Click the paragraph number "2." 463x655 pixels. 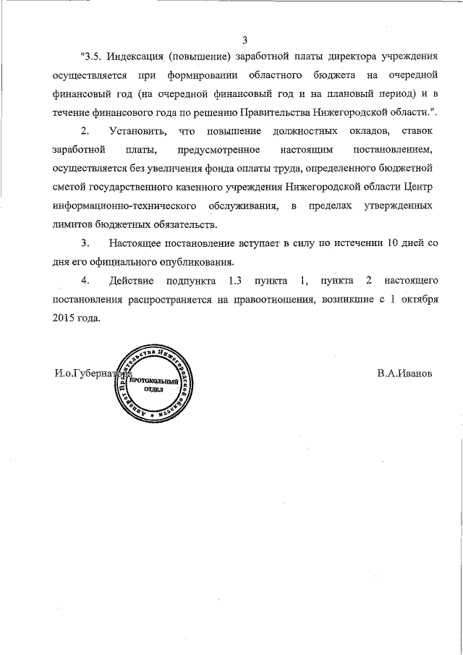click(85, 131)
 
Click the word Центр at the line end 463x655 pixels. click(418, 187)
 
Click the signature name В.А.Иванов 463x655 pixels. click(404, 373)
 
